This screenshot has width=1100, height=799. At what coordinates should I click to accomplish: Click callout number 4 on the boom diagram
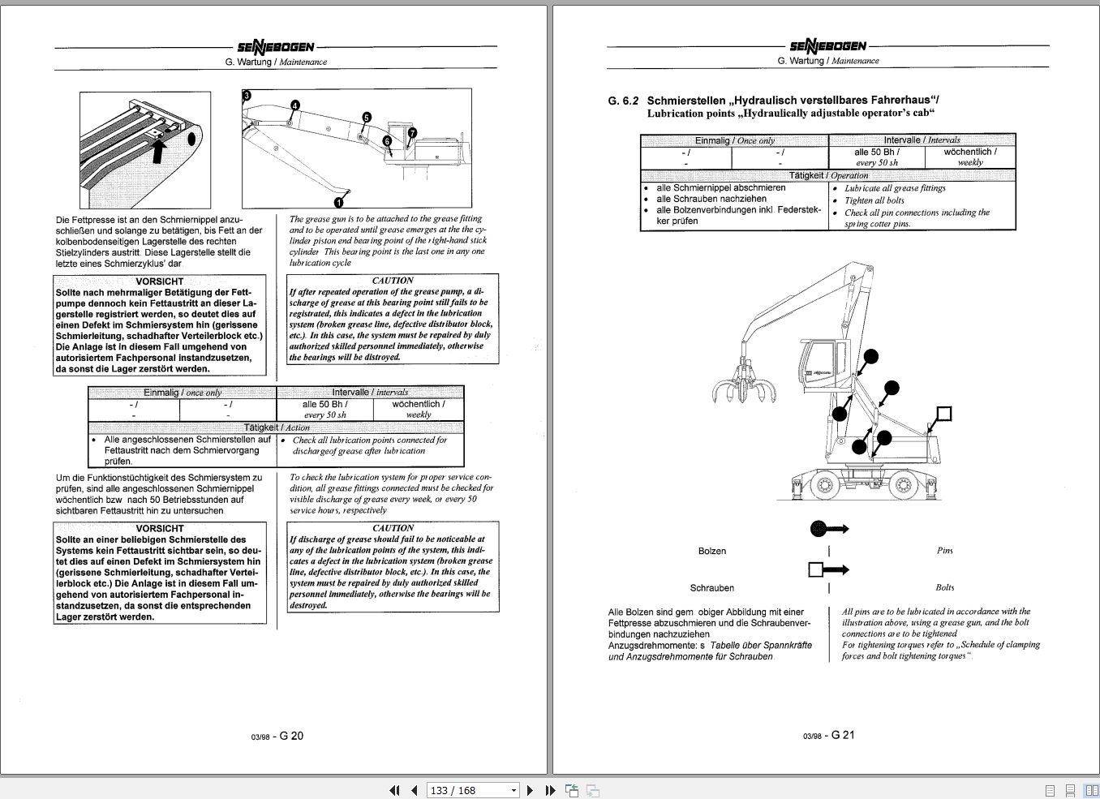(294, 105)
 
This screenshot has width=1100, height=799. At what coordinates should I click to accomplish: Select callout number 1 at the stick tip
(338, 202)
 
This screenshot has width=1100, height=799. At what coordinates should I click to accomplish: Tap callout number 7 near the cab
(412, 132)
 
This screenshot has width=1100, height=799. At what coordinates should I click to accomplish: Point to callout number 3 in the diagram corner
(247, 96)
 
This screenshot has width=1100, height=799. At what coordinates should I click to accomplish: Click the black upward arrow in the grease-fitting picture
(158, 150)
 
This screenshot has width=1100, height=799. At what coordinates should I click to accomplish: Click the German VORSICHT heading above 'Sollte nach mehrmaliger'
(160, 281)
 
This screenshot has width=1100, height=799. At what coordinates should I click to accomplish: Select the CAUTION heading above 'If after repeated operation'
(393, 281)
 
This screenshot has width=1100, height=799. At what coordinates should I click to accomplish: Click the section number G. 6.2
(623, 101)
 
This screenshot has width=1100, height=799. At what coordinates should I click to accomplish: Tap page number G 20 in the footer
(290, 736)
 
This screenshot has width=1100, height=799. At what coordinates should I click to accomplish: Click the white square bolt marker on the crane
(943, 415)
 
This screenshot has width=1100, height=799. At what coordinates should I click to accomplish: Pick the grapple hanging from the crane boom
(738, 385)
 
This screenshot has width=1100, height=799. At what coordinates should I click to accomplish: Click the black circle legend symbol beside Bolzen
(821, 529)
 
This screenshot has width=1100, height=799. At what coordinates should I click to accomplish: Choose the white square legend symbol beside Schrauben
(816, 569)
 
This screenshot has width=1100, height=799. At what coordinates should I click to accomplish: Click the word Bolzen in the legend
(711, 552)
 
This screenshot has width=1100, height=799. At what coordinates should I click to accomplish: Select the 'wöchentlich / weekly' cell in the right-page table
(969, 157)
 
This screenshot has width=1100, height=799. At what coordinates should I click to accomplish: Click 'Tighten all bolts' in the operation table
(874, 200)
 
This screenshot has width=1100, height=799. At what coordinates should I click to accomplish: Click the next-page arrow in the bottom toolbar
(531, 790)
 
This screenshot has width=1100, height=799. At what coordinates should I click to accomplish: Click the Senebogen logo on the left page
(276, 47)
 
